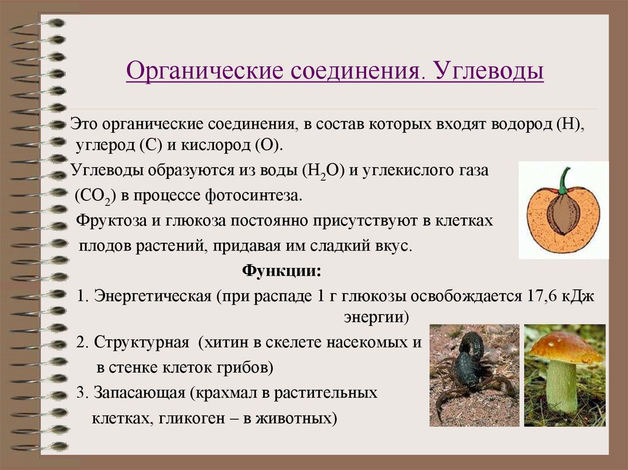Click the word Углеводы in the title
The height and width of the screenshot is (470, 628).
click(490, 71)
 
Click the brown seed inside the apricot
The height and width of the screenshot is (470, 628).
click(562, 214)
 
